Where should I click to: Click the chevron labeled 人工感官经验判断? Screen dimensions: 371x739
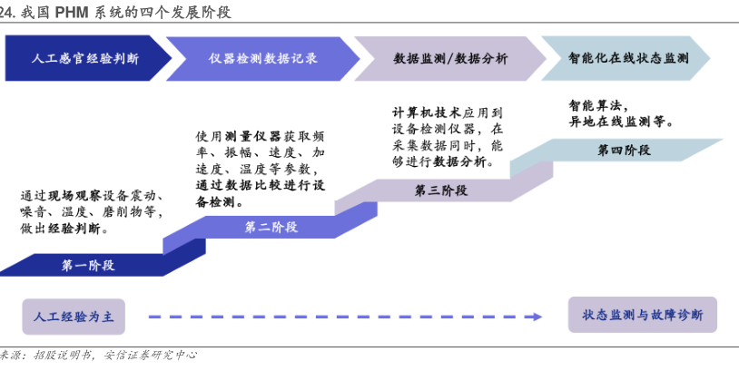(x=85, y=58)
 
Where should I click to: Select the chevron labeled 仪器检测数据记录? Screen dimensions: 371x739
(x=263, y=58)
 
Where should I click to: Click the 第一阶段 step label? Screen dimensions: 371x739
(x=88, y=266)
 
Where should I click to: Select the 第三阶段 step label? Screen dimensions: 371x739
(x=440, y=190)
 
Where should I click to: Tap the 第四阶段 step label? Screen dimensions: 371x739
(x=624, y=151)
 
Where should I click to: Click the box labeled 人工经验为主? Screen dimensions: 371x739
(x=74, y=317)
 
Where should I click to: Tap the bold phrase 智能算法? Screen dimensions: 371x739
(x=596, y=105)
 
